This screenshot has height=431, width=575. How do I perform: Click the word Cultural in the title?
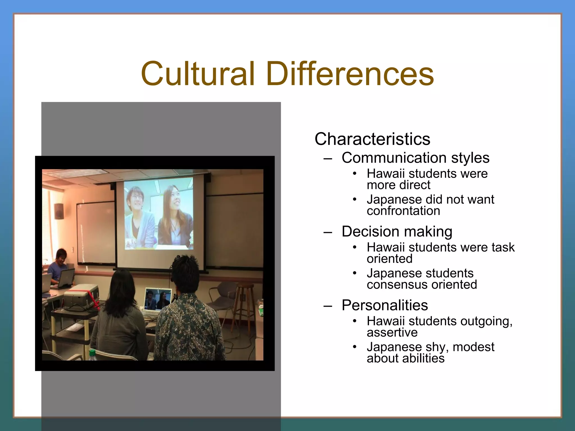(198, 74)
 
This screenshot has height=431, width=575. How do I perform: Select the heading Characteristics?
(372, 139)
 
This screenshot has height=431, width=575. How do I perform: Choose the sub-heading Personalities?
(385, 305)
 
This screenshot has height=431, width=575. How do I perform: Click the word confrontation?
(403, 211)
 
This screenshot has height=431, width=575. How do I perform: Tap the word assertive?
(392, 333)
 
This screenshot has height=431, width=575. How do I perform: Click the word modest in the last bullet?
(473, 347)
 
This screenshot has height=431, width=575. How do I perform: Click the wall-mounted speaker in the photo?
(59, 211)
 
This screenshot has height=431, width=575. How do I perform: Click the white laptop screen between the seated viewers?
(158, 299)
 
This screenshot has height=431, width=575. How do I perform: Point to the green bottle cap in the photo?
(92, 352)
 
